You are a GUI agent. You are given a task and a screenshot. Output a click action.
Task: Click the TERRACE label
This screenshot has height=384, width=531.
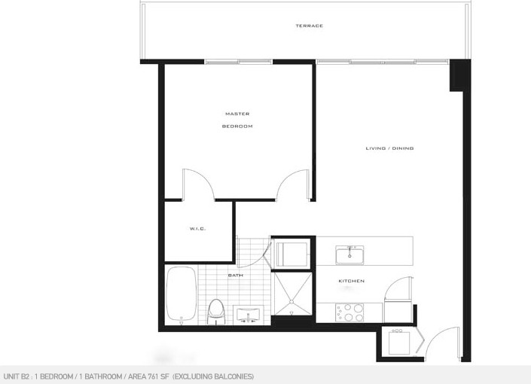[310, 26]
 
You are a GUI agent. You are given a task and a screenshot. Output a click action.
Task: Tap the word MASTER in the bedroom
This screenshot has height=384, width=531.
[237, 114]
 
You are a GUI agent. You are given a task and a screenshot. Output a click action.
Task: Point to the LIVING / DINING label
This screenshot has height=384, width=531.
[390, 148]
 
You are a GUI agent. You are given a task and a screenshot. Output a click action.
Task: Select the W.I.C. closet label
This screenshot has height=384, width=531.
[198, 229]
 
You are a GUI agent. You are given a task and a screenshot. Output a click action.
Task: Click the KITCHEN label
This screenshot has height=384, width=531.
[352, 281]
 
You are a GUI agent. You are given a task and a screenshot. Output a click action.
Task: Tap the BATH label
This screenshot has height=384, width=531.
[235, 276]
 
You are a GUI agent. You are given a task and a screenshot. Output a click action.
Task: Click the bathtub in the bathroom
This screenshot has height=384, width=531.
[182, 294]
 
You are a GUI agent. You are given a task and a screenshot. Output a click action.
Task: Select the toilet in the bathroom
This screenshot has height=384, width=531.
[216, 312]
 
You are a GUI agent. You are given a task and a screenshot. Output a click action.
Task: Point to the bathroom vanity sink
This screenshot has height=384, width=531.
[249, 315]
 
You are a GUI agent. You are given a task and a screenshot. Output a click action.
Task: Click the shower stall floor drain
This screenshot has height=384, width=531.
[291, 301]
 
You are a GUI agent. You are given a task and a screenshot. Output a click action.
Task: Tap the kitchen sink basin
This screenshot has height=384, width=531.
[349, 254]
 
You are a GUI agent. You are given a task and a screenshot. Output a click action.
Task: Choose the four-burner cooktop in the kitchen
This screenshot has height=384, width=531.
[349, 312]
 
